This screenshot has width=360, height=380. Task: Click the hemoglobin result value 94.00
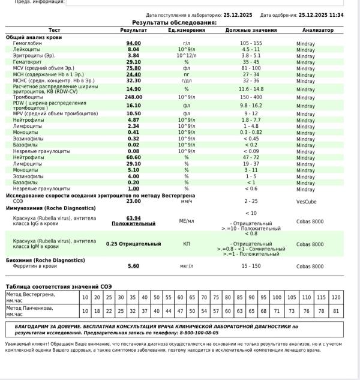click(x=133, y=43)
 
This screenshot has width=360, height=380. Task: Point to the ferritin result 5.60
click(x=133, y=266)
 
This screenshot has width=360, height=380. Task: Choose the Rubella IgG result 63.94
click(x=133, y=218)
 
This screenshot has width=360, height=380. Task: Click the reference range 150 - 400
click(x=251, y=97)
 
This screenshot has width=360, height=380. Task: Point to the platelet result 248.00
click(x=133, y=97)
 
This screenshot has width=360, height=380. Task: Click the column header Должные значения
click(x=251, y=29)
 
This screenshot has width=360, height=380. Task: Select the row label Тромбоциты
click(x=28, y=97)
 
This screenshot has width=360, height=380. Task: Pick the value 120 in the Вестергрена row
click(x=335, y=298)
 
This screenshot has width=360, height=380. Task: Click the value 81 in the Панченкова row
click(x=335, y=311)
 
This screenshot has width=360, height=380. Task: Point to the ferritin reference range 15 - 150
click(x=251, y=266)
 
